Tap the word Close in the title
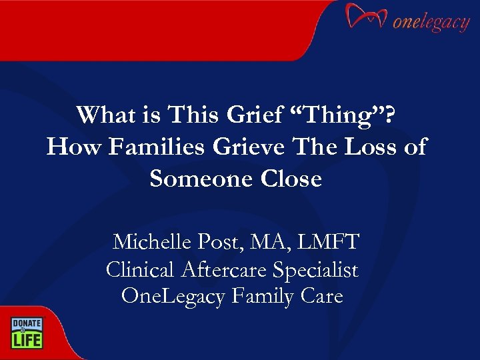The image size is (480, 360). coord(293,178)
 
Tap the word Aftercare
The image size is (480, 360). coord(227,269)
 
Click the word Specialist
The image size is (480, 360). coord(317,269)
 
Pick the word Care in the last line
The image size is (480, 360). coord(321,295)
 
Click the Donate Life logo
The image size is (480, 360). coord(26,332)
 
